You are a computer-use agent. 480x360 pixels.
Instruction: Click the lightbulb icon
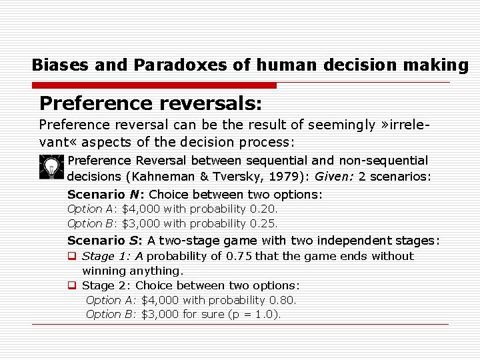pos(51,167)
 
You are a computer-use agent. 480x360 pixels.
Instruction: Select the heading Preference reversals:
pos(151,103)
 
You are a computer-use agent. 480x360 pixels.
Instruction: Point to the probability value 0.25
pos(263,223)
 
